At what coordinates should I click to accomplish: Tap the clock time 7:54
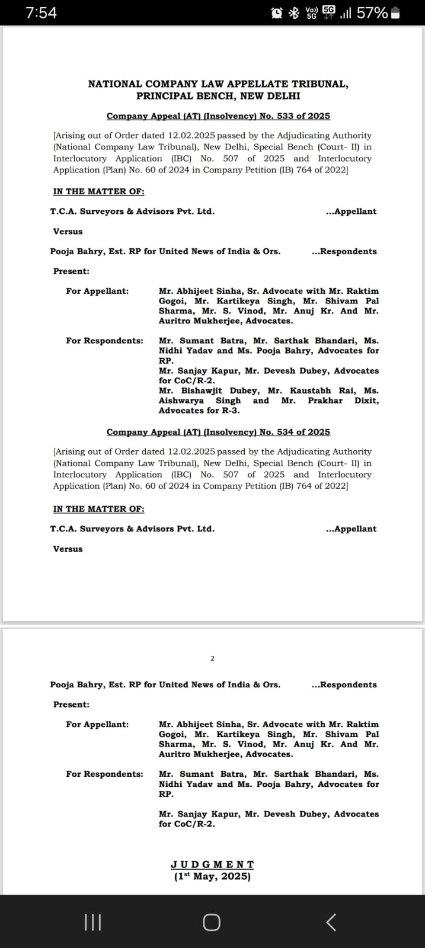[x=41, y=12]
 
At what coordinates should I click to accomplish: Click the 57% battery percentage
[x=372, y=13]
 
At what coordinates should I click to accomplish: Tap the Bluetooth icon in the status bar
[x=293, y=13]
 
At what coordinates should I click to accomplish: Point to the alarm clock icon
[x=276, y=13]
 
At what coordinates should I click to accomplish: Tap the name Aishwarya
[x=181, y=401]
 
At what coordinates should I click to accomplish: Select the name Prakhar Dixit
[x=343, y=401]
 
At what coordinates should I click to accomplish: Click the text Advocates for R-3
[x=199, y=411]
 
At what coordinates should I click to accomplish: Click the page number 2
[x=213, y=658]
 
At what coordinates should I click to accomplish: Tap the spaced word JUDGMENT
[x=212, y=864]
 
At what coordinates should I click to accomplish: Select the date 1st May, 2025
[x=212, y=876]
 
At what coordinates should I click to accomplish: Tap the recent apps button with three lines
[x=93, y=922]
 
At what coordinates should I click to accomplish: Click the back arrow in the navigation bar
[x=331, y=922]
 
